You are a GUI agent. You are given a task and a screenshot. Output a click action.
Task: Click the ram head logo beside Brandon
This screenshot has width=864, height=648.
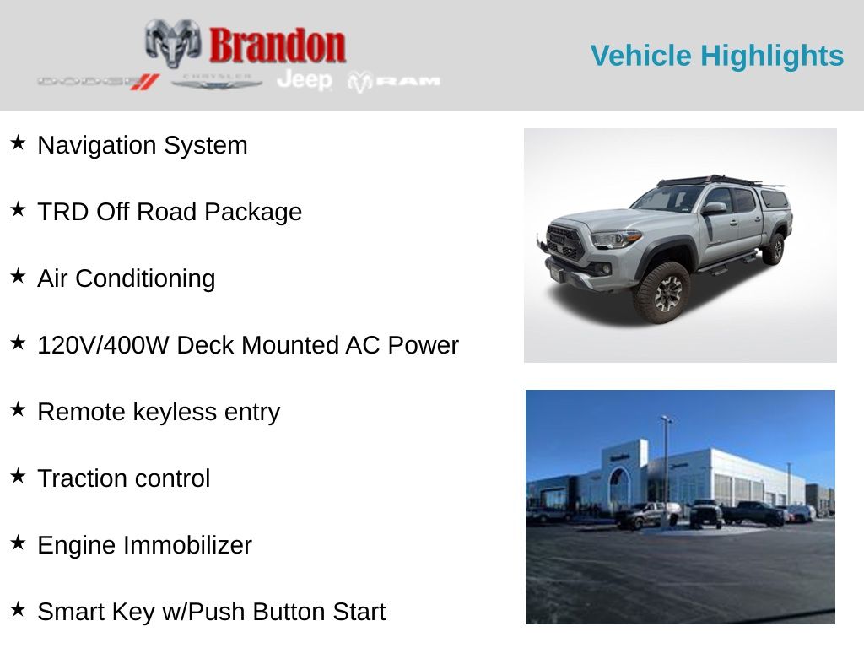(173, 43)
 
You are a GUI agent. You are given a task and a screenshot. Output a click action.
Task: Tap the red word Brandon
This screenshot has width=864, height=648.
(277, 46)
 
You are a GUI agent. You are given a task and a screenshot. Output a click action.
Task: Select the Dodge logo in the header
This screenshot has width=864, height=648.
(99, 82)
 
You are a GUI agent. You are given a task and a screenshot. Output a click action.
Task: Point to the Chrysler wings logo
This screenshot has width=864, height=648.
(217, 82)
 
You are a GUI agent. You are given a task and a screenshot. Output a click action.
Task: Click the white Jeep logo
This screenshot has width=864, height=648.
(305, 80)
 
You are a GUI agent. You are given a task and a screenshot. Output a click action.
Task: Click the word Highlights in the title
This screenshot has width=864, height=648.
(771, 57)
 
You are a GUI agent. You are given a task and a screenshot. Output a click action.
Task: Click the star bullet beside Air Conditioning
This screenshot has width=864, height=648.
(19, 276)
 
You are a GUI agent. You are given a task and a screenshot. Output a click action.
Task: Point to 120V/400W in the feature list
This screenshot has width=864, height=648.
(103, 345)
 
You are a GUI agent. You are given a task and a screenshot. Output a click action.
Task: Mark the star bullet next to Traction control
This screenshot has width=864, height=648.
(19, 476)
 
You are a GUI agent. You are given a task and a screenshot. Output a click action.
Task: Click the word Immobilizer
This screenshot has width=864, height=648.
(187, 545)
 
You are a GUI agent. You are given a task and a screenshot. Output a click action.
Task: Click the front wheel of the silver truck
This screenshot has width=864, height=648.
(662, 293)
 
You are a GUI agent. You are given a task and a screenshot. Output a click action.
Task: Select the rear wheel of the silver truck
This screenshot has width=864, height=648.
(775, 249)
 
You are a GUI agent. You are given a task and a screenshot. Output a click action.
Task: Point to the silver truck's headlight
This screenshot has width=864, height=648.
(616, 239)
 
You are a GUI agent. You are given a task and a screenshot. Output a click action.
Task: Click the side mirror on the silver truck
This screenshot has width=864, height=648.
(714, 208)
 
